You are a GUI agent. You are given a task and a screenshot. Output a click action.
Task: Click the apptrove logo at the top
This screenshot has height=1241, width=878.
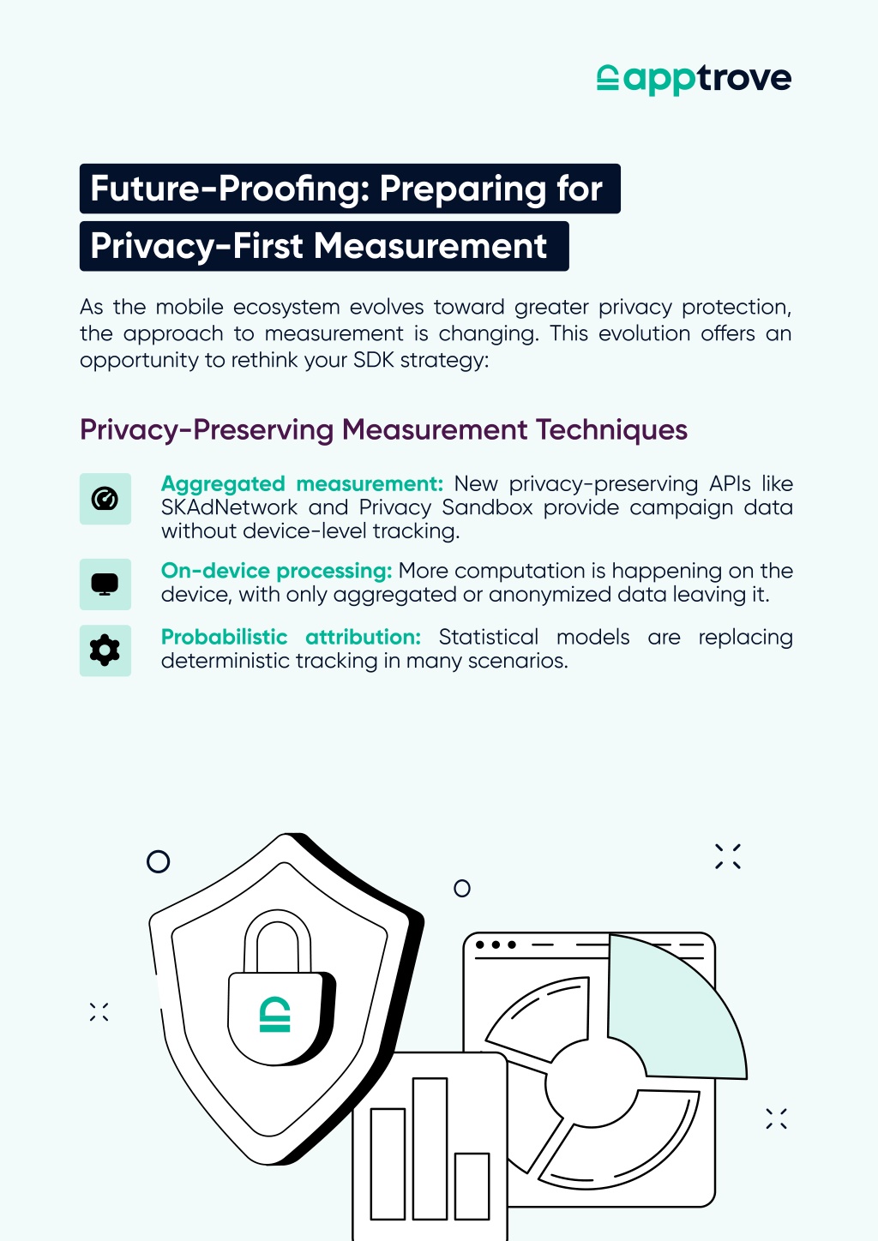(694, 79)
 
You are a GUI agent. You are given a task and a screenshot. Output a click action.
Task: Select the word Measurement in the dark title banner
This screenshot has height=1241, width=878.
(430, 246)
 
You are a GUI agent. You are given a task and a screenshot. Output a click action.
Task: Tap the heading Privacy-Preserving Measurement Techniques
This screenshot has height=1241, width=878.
(383, 430)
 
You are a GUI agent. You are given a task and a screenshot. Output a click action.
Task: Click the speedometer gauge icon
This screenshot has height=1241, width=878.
(105, 499)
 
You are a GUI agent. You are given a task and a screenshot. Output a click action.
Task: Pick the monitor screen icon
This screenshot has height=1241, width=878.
(105, 585)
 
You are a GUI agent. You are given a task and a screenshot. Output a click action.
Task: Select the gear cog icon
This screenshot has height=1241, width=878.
(105, 650)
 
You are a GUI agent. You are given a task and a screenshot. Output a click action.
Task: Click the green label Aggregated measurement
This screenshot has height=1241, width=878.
(302, 484)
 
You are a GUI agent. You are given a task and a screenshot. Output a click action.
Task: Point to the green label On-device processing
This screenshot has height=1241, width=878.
(277, 571)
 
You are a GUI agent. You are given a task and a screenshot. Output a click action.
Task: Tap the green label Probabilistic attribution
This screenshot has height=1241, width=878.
(291, 637)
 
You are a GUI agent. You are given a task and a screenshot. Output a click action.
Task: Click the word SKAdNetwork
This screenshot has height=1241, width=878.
(230, 507)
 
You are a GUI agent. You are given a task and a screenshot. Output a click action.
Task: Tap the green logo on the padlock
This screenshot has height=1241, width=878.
(275, 1015)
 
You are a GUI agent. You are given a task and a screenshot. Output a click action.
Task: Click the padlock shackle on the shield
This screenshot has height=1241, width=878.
(278, 942)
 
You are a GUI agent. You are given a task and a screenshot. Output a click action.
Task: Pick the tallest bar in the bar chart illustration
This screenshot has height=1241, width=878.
(430, 1148)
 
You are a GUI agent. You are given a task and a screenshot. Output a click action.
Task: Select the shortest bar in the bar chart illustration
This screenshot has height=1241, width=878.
(472, 1186)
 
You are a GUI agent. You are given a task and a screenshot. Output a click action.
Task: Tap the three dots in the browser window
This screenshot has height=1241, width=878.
(496, 944)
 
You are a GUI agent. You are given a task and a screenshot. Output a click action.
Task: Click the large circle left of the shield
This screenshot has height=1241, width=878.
(158, 861)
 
